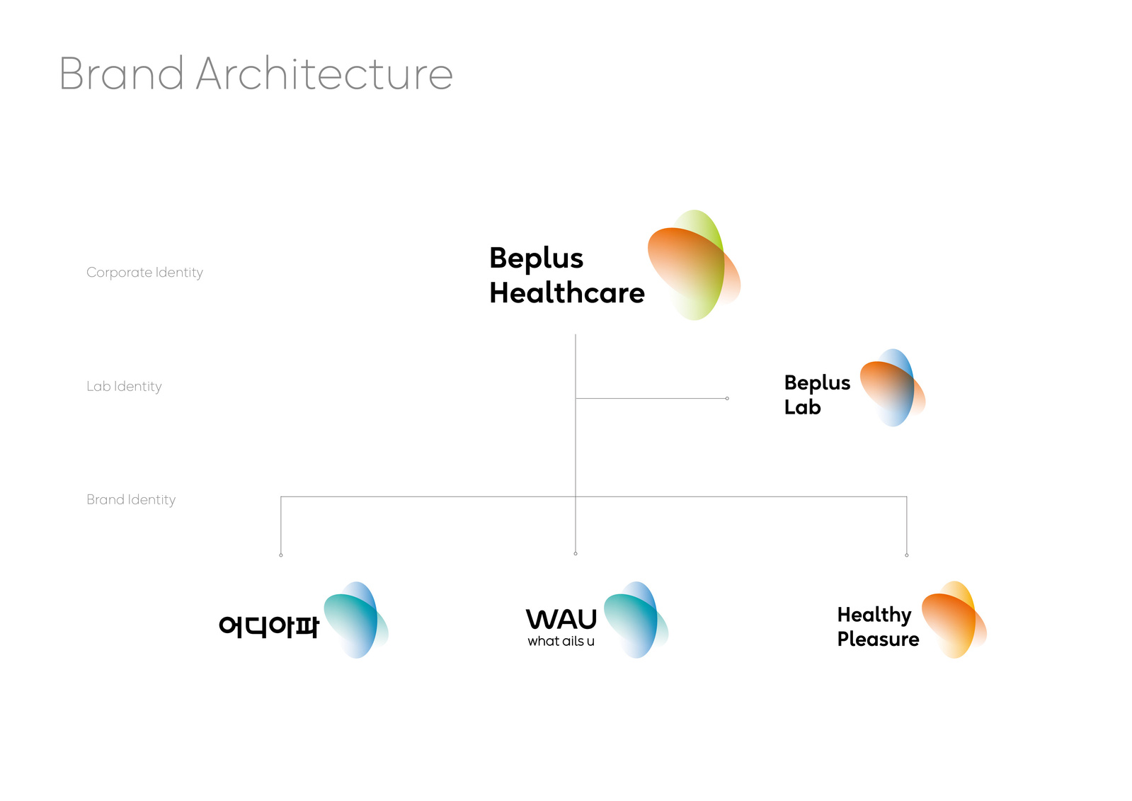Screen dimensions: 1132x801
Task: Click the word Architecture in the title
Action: pyautogui.click(x=324, y=74)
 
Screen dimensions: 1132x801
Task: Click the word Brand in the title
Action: pyautogui.click(x=121, y=74)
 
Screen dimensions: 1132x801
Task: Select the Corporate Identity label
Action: pyautogui.click(x=144, y=273)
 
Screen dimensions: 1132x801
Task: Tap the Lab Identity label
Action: pyautogui.click(x=124, y=387)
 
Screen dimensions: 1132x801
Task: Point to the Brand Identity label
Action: pyautogui.click(x=131, y=499)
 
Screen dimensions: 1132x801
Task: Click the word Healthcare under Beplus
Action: pyautogui.click(x=567, y=292)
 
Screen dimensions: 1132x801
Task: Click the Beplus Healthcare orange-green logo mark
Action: pyautogui.click(x=694, y=265)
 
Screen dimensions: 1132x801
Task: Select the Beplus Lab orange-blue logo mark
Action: pyautogui.click(x=893, y=388)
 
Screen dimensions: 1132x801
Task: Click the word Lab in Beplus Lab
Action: pyautogui.click(x=803, y=407)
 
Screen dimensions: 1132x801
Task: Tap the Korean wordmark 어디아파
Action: pyautogui.click(x=268, y=627)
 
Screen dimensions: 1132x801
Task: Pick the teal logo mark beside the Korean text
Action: pyautogui.click(x=356, y=620)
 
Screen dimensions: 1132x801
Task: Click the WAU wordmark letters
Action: pyautogui.click(x=561, y=619)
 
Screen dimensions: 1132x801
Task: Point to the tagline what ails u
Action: pyautogui.click(x=561, y=641)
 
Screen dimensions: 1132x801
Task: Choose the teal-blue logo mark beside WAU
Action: pyautogui.click(x=636, y=620)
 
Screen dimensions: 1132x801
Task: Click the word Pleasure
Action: pyautogui.click(x=879, y=640)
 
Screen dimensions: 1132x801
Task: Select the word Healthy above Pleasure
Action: pyautogui.click(x=874, y=615)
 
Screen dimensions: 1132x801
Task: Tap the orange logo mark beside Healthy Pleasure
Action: pyautogui.click(x=954, y=620)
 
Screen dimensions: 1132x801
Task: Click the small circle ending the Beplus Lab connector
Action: pyautogui.click(x=727, y=399)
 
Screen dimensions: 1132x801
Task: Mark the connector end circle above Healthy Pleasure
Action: pyautogui.click(x=907, y=555)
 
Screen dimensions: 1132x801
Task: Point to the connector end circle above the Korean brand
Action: pyautogui.click(x=281, y=555)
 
